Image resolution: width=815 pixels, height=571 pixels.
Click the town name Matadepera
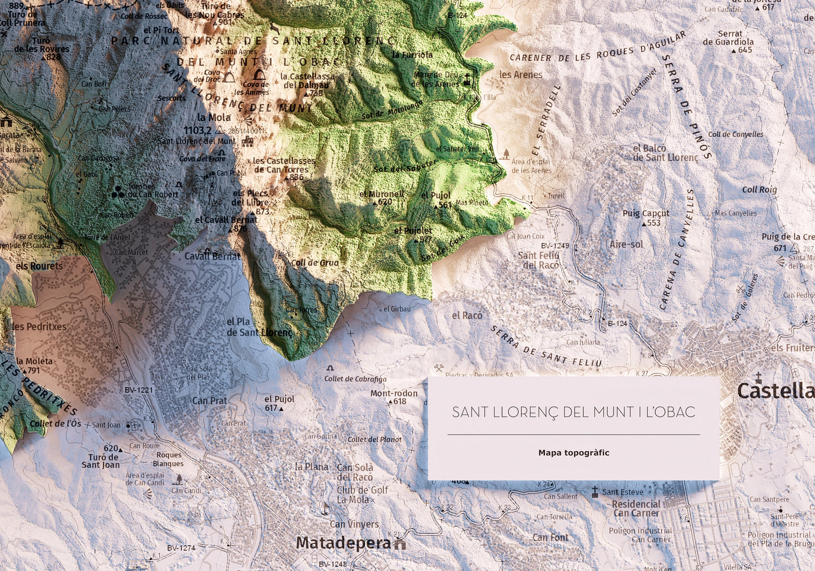click(x=343, y=543)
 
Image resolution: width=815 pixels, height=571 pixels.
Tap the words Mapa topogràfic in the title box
click(x=574, y=453)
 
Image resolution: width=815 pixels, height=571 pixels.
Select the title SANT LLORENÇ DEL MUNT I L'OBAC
click(x=574, y=412)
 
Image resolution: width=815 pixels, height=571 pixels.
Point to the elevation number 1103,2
click(x=197, y=130)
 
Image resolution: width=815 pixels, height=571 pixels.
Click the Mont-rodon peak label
click(x=394, y=394)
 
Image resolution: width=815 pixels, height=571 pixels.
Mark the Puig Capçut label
click(x=646, y=214)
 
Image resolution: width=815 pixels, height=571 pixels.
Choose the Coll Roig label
click(x=759, y=190)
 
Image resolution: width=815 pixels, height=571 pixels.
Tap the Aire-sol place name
click(x=626, y=244)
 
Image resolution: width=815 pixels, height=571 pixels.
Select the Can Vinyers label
click(x=354, y=524)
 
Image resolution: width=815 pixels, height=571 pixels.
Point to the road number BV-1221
click(x=139, y=390)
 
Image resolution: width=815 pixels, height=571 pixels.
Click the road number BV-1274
click(x=181, y=548)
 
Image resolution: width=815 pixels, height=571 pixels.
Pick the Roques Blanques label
click(x=169, y=459)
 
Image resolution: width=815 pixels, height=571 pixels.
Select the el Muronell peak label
click(x=381, y=194)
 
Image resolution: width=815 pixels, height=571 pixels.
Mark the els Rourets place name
click(x=39, y=266)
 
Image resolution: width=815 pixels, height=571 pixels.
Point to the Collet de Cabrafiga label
click(x=355, y=379)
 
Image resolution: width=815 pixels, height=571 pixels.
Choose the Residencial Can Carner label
click(x=636, y=508)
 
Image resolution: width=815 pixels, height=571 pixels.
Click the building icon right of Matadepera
click(x=400, y=544)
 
